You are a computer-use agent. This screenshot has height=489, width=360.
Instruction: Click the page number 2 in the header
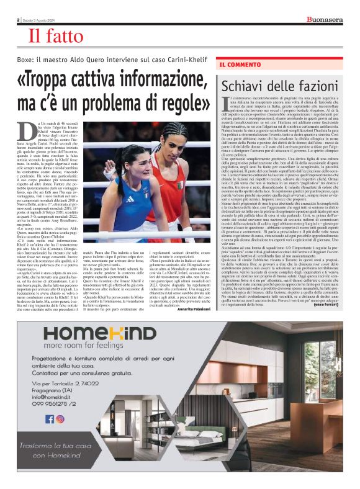[x=19, y=19]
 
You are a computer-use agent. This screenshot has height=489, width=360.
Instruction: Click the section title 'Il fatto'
[x=55, y=37]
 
